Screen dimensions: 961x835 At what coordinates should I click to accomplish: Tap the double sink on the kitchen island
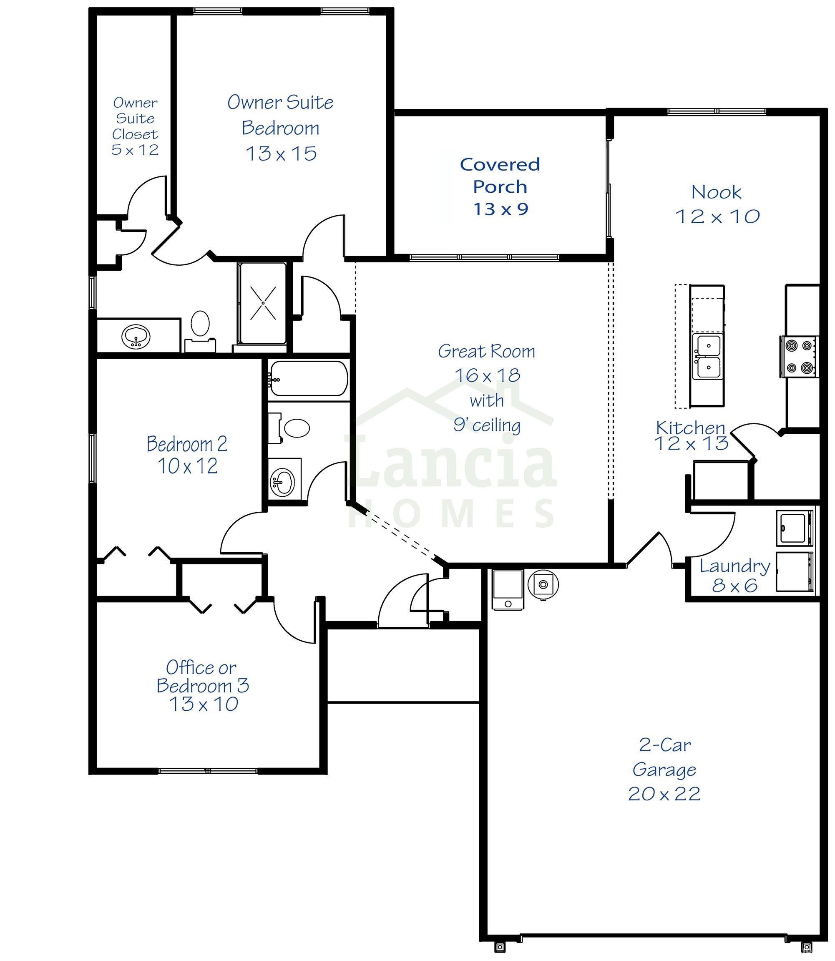pos(708,357)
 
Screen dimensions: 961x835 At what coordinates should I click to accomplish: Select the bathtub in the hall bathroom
pos(309,378)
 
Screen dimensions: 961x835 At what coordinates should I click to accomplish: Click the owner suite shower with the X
pos(262,303)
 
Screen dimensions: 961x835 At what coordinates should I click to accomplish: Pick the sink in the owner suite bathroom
pos(136,337)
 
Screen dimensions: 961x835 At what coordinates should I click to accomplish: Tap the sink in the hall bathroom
pos(282,480)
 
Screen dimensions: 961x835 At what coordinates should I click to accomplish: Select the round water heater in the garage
pos(543,584)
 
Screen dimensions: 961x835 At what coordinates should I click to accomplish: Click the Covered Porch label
pos(500,175)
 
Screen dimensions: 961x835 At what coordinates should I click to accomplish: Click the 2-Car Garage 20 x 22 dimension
pos(664,794)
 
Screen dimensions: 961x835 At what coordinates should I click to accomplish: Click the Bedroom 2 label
pos(187,444)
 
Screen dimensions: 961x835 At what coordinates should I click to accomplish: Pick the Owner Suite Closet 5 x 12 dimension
pos(135,150)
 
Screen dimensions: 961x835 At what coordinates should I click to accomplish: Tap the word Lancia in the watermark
pos(450,464)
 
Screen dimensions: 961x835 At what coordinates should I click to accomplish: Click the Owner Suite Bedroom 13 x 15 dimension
pos(281,153)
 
